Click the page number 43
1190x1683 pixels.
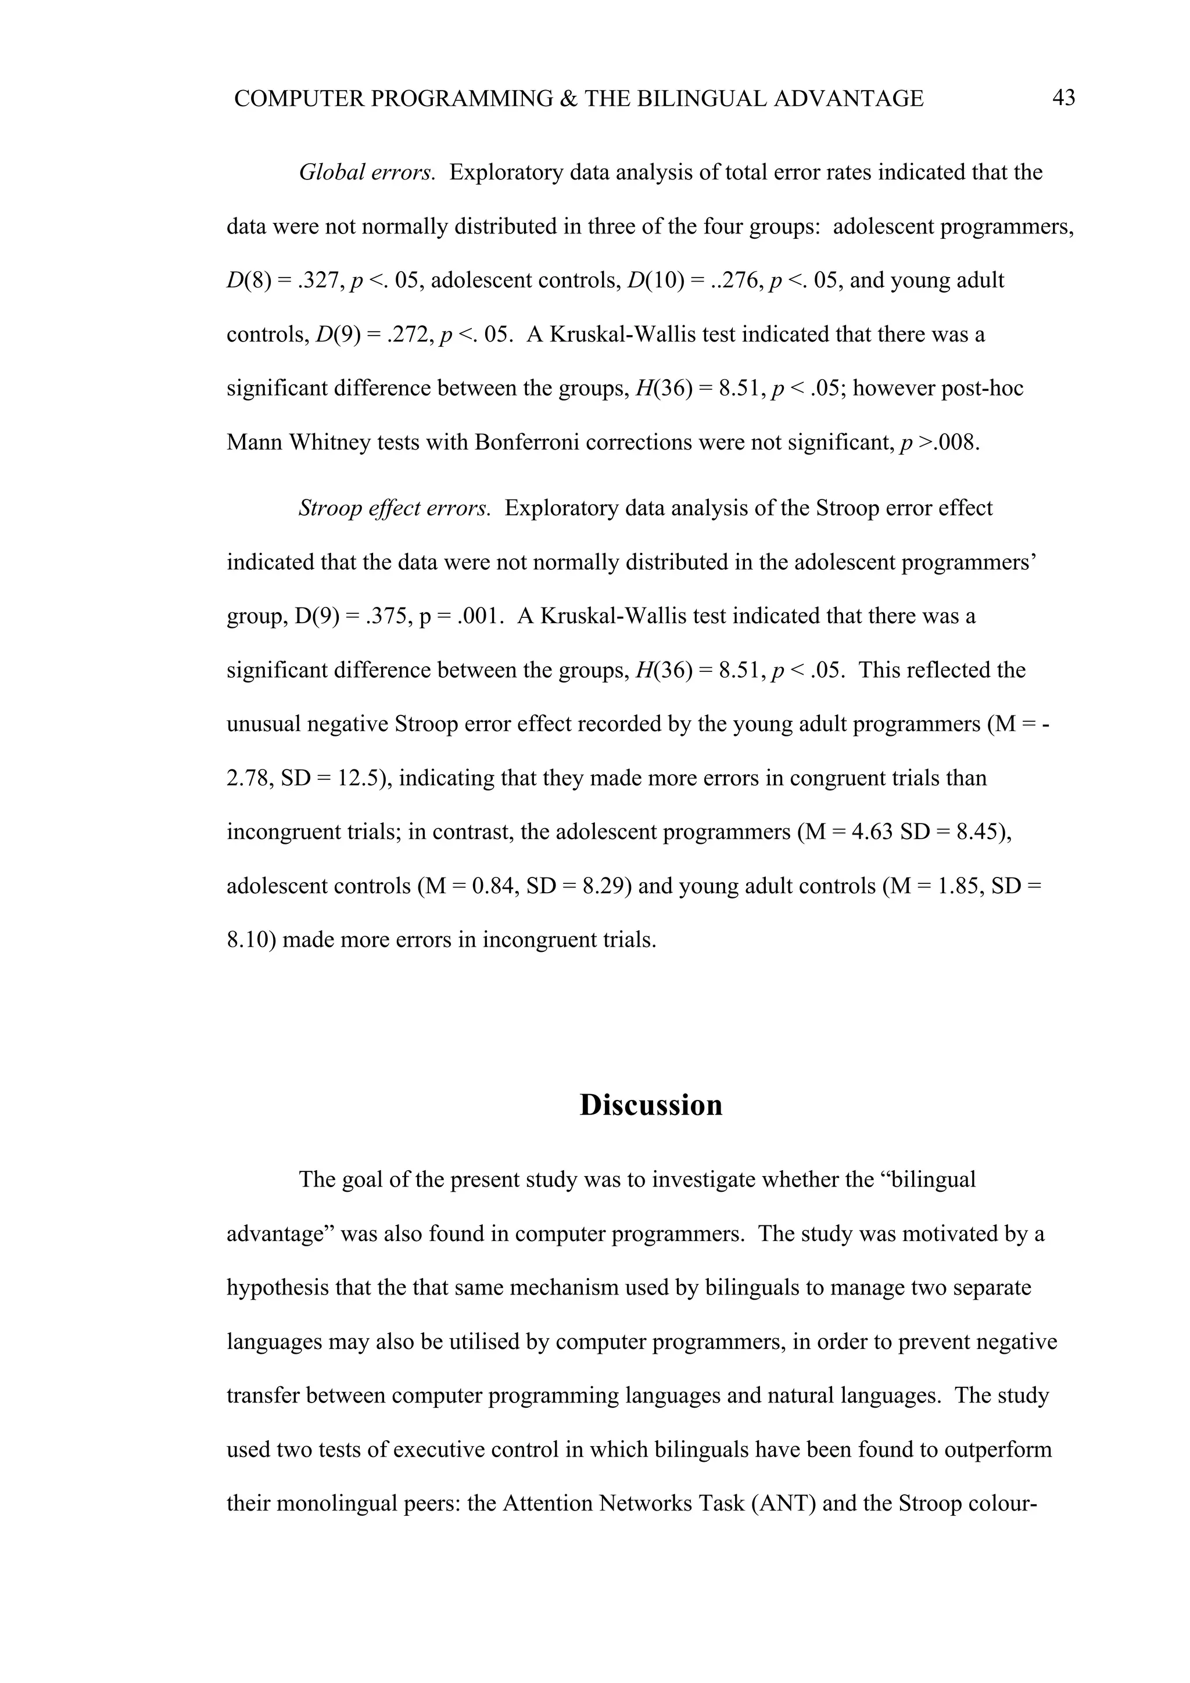point(1063,98)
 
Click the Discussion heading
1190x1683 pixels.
point(650,1104)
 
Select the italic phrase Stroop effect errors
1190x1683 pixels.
point(395,508)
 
